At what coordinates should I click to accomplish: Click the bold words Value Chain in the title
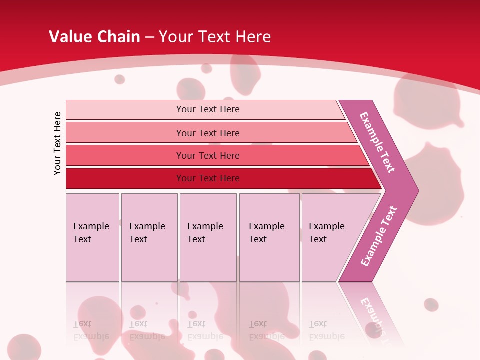click(94, 36)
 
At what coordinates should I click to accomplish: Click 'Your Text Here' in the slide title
click(215, 36)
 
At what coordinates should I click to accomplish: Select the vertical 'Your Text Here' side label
click(57, 143)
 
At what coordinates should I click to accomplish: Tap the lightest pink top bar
click(205, 109)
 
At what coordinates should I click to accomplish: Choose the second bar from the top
click(210, 133)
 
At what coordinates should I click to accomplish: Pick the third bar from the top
click(215, 155)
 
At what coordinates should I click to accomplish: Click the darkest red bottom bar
click(220, 178)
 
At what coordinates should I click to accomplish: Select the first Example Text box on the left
click(92, 237)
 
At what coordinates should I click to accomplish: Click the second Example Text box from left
click(149, 237)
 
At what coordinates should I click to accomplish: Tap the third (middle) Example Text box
click(208, 237)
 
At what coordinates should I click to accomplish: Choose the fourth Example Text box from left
click(269, 237)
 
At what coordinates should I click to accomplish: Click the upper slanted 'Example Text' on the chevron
click(377, 142)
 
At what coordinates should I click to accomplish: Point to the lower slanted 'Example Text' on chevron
click(378, 236)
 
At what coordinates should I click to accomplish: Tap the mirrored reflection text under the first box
click(91, 330)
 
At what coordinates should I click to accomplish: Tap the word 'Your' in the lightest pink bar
click(186, 109)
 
